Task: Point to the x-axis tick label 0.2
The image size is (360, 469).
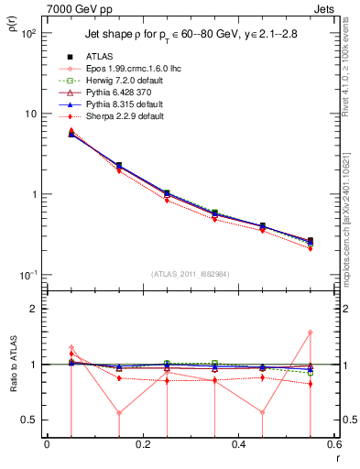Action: coord(143,445)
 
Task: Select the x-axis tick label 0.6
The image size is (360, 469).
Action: coord(333,445)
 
